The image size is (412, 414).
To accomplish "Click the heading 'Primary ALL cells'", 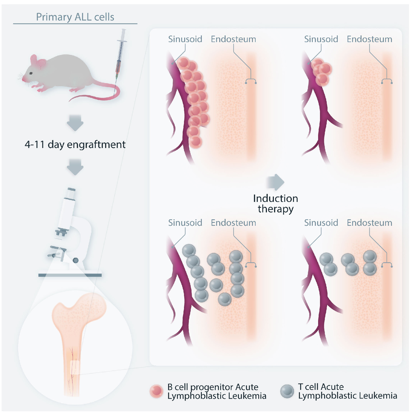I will [x=75, y=17].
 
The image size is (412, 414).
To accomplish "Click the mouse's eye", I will [x=31, y=73].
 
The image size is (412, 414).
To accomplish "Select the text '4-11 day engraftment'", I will [x=75, y=145].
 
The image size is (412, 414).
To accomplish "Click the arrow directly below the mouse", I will [x=75, y=123].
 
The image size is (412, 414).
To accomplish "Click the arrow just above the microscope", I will [x=75, y=167].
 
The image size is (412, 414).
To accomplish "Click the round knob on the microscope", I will [x=76, y=260].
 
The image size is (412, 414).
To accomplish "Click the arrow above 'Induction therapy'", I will [x=276, y=182].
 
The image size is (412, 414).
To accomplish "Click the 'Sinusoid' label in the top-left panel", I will [x=185, y=39].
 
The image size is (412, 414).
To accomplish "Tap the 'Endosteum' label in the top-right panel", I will [x=369, y=39].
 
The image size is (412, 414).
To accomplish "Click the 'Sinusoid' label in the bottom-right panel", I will [x=321, y=223].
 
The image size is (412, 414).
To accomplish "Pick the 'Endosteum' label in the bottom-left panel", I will [x=233, y=223].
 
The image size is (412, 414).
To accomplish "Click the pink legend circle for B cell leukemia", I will [x=156, y=391].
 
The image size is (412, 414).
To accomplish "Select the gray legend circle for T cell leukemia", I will [x=287, y=391].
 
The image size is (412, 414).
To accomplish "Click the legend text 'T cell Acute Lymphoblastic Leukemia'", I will [x=347, y=391].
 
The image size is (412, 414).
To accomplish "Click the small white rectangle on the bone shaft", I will [x=75, y=367].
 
